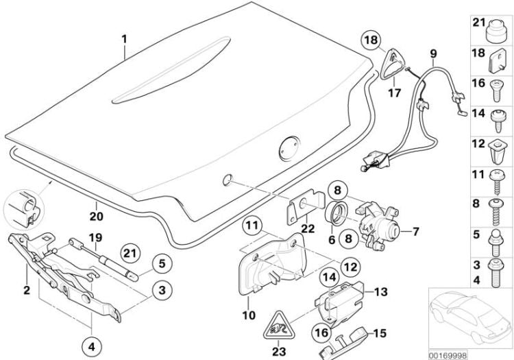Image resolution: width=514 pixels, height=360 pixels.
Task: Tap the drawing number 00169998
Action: coord(448,355)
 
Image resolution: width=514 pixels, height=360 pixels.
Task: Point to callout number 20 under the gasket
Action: coord(97,214)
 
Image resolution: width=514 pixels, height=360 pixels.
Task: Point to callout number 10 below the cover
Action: coord(248,315)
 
